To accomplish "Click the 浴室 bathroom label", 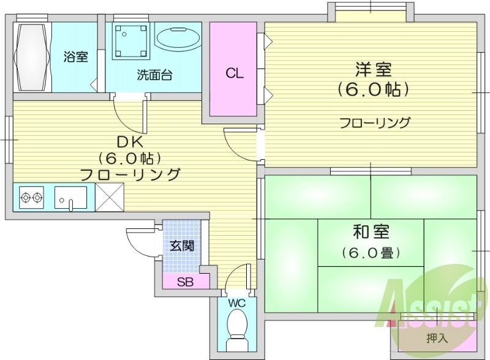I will point(76,58).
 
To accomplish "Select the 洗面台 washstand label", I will point(154,75).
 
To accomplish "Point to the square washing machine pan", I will point(130,41).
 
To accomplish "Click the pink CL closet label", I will point(234,74).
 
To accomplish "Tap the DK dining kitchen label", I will point(130,142).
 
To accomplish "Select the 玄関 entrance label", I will point(182,246).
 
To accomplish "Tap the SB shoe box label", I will point(184,282).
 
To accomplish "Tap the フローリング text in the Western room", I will point(375,122).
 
